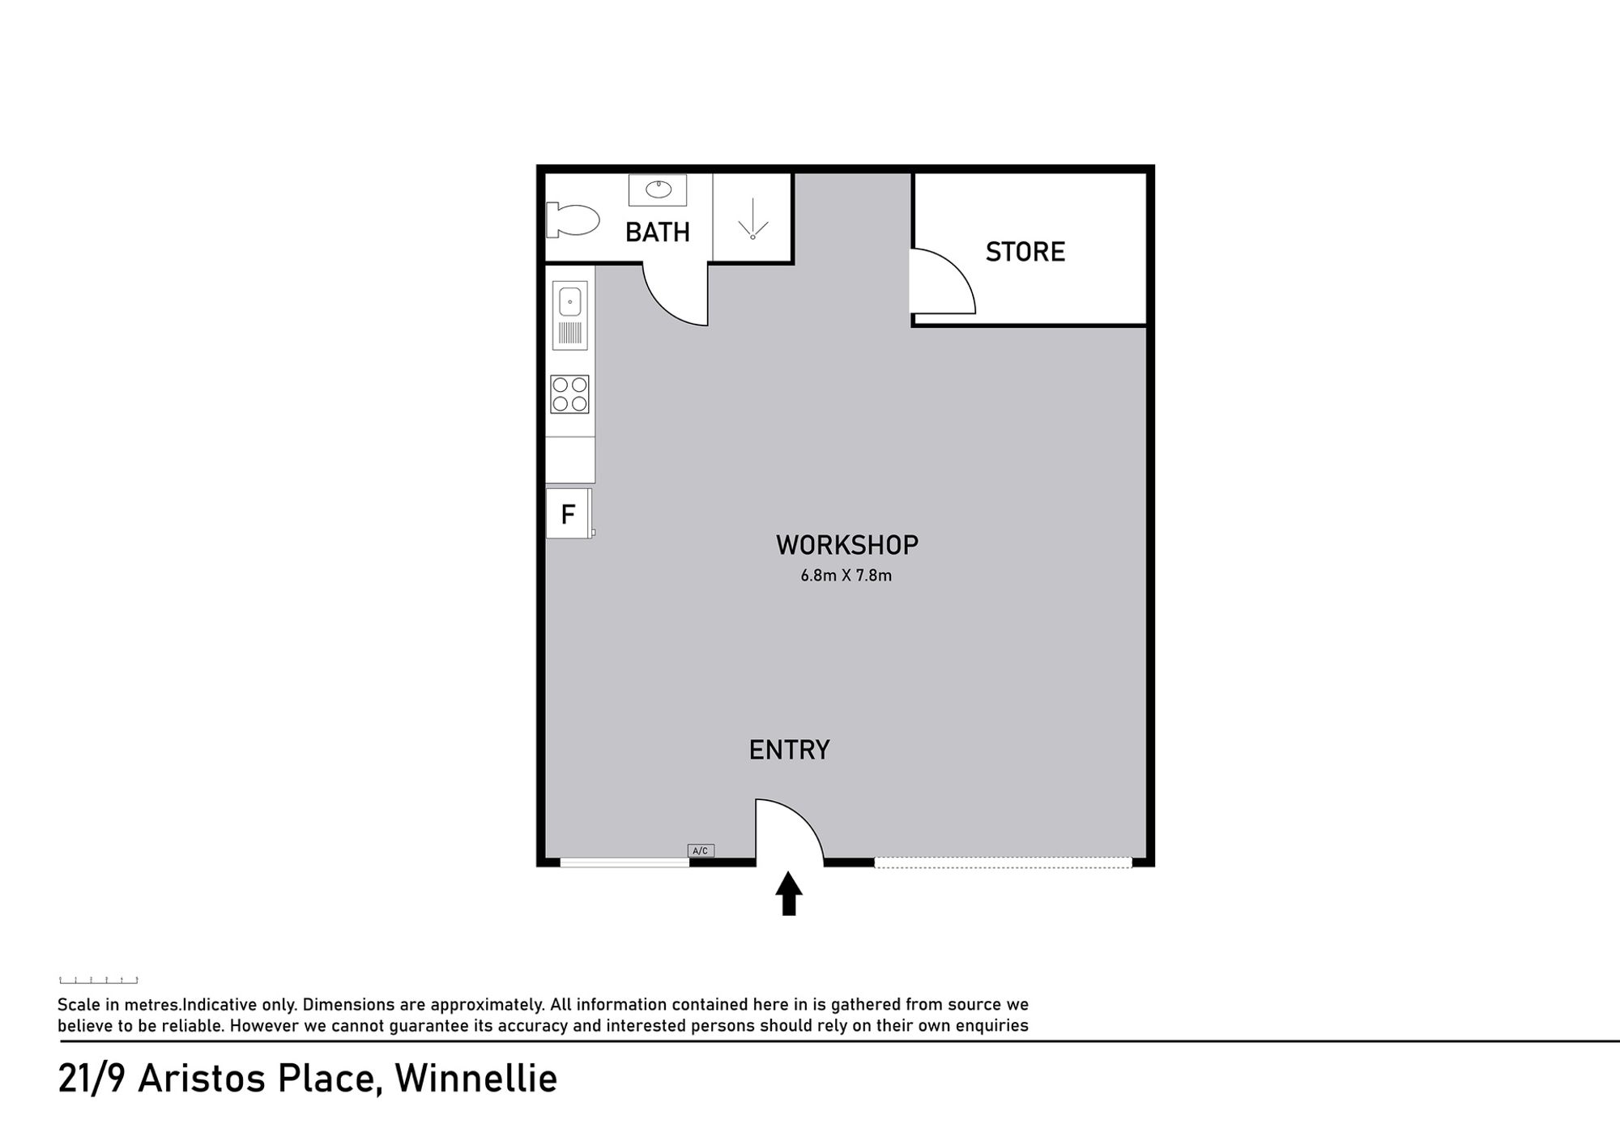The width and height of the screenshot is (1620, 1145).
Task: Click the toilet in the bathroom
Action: coord(573,219)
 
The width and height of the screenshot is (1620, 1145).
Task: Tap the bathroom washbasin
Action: coord(658,189)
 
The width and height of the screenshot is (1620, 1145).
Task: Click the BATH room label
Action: coord(657,232)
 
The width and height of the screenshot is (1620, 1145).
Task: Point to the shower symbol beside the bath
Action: coord(752,219)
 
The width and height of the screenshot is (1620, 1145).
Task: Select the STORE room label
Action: coord(1025,252)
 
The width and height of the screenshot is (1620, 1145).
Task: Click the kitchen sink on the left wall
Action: coord(570,315)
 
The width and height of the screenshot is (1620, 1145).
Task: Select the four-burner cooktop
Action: coord(569,394)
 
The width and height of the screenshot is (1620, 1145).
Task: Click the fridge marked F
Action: coord(569,513)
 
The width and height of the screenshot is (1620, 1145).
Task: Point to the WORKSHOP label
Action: coord(846,545)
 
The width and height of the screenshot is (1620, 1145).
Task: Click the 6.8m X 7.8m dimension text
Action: coord(846,576)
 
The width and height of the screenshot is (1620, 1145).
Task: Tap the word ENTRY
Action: coord(789,750)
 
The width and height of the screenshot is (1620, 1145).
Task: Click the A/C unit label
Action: coord(701,850)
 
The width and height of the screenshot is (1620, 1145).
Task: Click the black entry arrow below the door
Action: coord(789,893)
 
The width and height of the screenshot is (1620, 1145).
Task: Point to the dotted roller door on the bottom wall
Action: coord(1003,862)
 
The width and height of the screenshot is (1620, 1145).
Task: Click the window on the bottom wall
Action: coord(625,862)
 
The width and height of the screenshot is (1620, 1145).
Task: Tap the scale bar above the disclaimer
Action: coord(99,980)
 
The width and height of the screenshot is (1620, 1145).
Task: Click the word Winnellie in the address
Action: coord(475,1079)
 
